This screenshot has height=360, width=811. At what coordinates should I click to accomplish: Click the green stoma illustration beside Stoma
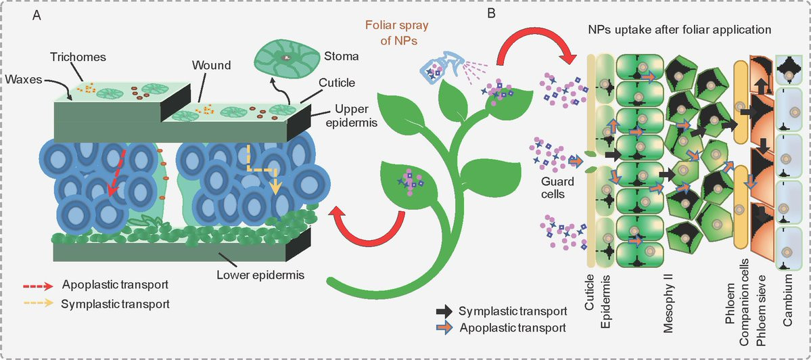[x=283, y=58]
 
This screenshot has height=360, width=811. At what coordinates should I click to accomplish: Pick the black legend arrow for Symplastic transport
[x=445, y=310]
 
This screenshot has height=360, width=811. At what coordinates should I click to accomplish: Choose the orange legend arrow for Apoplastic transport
[x=445, y=328]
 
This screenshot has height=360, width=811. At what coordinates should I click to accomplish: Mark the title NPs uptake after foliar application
[x=680, y=30]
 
